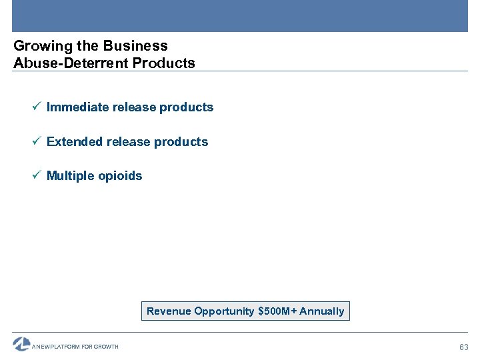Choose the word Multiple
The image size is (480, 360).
(71, 176)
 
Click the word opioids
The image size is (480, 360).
(120, 177)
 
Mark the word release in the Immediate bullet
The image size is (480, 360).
(134, 107)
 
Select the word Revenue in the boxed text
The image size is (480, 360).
(168, 311)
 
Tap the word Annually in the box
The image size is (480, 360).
(322, 311)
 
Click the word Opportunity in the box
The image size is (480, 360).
(223, 311)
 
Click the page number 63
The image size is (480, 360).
(464, 347)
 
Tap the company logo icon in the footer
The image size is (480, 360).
(21, 344)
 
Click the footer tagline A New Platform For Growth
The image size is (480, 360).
(75, 347)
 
